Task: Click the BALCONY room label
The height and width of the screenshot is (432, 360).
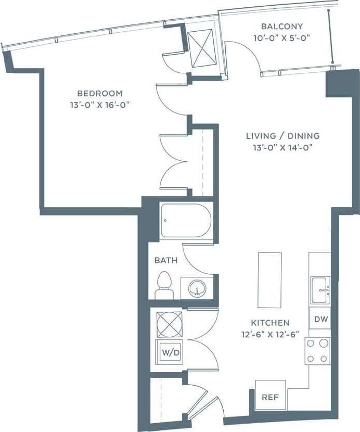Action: [x=281, y=26]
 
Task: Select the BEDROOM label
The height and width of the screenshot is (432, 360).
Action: [x=100, y=94]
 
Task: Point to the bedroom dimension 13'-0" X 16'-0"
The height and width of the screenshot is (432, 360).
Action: [x=100, y=105]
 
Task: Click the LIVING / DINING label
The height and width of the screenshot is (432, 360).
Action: [x=282, y=136]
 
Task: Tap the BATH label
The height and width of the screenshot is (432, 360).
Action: [x=166, y=260]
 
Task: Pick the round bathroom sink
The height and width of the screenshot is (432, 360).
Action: [x=197, y=288]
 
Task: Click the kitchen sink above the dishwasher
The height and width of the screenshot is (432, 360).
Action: [x=319, y=289]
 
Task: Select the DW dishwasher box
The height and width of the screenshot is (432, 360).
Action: [x=320, y=319]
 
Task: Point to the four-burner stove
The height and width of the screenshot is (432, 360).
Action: [x=317, y=350]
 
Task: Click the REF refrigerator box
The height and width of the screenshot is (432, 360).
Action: [x=269, y=397]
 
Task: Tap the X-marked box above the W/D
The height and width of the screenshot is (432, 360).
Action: [x=170, y=324]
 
